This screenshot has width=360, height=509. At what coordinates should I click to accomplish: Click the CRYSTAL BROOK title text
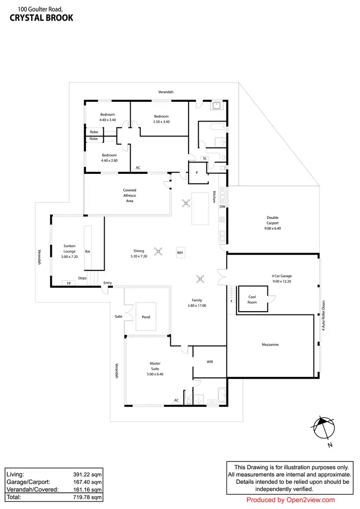[x=41, y=18]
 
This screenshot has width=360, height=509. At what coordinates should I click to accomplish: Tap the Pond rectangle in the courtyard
[x=146, y=316]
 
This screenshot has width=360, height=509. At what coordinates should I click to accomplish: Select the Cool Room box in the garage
[x=252, y=299]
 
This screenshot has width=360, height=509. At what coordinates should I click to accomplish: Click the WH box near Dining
[x=180, y=252]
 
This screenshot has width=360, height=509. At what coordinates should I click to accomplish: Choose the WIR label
[x=210, y=361]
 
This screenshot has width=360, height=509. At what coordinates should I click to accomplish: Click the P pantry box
[x=197, y=173]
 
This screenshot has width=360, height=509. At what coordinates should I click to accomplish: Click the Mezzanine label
[x=270, y=345]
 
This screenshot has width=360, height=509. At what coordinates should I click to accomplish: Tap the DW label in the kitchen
[x=222, y=207]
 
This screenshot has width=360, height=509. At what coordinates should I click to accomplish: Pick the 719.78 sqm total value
[x=89, y=497]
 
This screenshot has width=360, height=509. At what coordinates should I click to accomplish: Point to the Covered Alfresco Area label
[x=130, y=195]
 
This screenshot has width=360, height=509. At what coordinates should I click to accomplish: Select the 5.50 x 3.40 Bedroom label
[x=161, y=119]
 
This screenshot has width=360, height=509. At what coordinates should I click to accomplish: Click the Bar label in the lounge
[x=88, y=251]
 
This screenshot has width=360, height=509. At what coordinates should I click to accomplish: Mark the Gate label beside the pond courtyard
[x=119, y=316]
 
